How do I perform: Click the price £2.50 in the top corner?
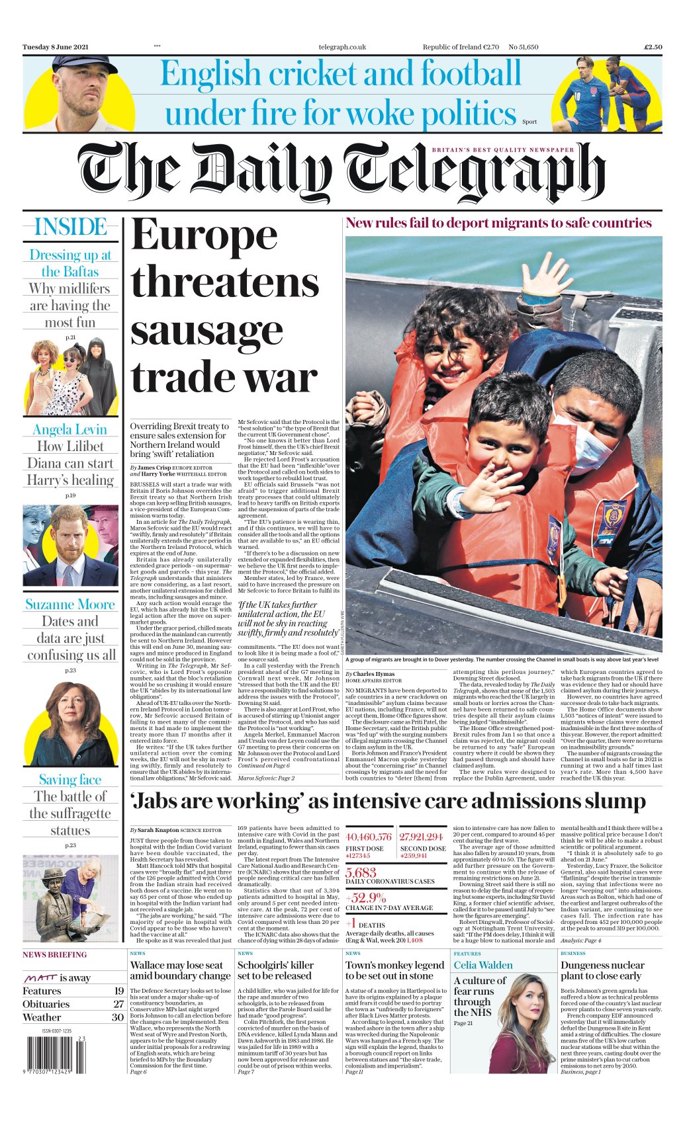653,47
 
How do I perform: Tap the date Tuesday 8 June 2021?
56,47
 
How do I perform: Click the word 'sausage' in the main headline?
206,330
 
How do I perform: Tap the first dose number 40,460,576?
369,837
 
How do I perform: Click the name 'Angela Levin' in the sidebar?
69,429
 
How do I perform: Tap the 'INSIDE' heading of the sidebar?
70,227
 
